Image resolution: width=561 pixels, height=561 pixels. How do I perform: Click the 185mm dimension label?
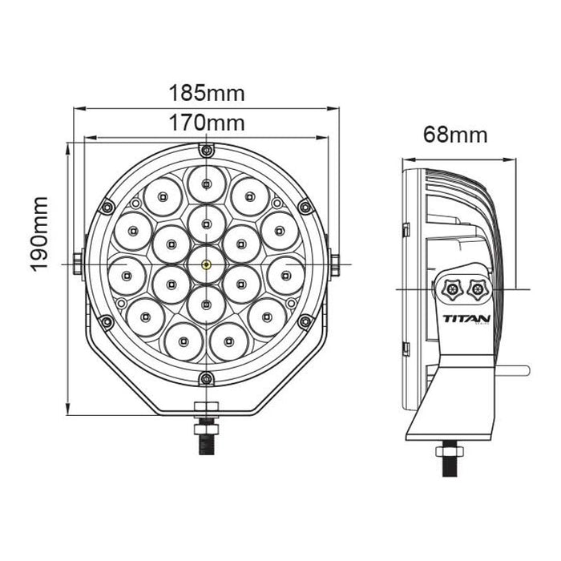[207, 93]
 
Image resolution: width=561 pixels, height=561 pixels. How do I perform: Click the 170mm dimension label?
[207, 123]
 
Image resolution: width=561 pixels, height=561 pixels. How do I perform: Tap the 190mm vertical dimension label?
[39, 234]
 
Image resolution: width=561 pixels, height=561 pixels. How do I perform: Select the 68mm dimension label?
[455, 135]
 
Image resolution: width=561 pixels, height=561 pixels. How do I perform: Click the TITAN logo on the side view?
[466, 319]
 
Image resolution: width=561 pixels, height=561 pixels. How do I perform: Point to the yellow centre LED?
[207, 264]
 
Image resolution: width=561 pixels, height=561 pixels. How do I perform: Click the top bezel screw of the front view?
[207, 150]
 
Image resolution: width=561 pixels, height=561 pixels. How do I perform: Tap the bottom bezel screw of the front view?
[207, 377]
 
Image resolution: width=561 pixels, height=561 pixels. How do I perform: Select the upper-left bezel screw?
[107, 207]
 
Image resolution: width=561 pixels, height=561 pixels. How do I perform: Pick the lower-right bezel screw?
[305, 321]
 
